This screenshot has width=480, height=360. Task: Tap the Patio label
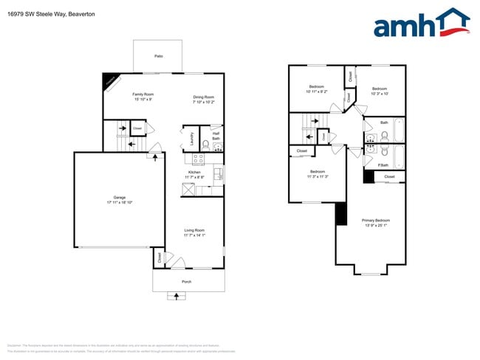[x=158, y=56]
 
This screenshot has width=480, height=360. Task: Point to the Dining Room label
[x=204, y=100]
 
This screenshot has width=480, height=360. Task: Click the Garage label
[x=120, y=199]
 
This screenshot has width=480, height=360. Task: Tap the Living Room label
[x=194, y=233]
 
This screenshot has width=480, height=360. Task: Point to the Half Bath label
[x=216, y=136]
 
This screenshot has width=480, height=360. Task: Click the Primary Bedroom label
[x=376, y=222]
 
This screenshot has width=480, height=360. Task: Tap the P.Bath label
[x=383, y=165]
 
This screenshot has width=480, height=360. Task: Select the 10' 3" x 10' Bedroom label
[x=380, y=91]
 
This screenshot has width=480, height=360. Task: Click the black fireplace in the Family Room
[x=111, y=82]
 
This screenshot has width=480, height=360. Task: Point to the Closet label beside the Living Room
[x=158, y=257]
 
